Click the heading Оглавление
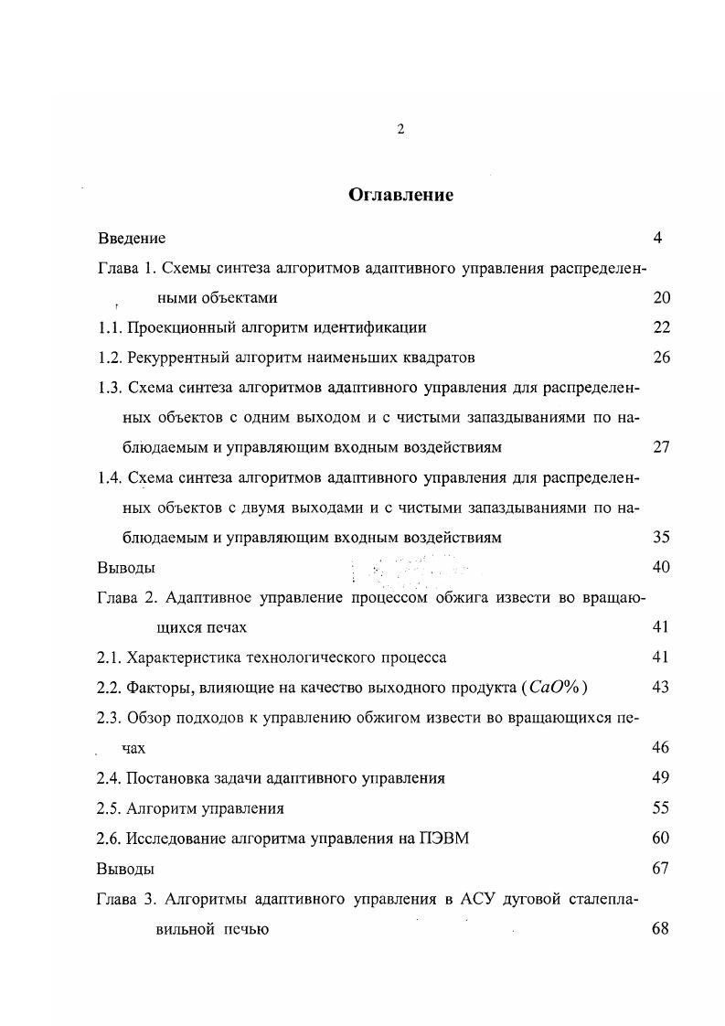(400, 195)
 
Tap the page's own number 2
(400, 129)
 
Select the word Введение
(132, 239)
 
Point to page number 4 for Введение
(657, 238)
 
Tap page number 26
(662, 357)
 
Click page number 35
(662, 538)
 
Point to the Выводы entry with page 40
(125, 568)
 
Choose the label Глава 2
(125, 598)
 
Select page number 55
(662, 807)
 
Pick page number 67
(662, 868)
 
